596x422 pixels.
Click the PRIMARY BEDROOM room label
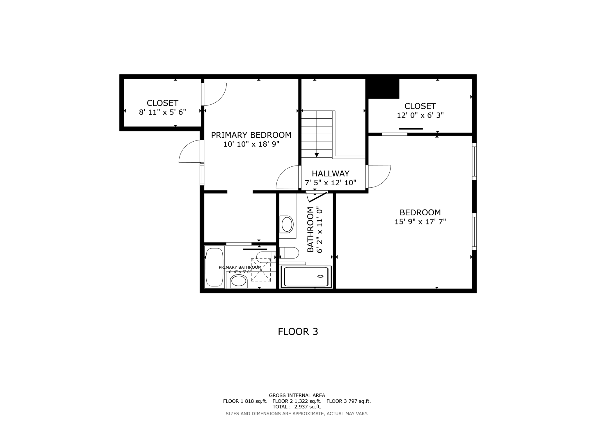[x=251, y=135]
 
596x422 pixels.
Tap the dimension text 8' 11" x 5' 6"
[x=162, y=112]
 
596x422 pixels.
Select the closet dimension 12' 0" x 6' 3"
[x=420, y=115]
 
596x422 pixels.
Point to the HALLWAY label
[x=330, y=174]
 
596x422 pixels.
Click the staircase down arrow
[x=317, y=155]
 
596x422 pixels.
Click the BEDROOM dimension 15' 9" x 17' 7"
[x=420, y=222]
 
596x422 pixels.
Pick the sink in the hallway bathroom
[x=287, y=224]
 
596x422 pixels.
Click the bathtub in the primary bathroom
[x=214, y=267]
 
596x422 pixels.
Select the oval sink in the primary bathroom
[x=239, y=282]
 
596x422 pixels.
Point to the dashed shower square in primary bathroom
[x=261, y=270]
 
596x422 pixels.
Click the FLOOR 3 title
[x=298, y=332]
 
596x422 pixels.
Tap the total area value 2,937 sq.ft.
[x=308, y=407]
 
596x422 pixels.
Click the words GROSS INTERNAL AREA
[x=297, y=395]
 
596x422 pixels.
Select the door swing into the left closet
[x=215, y=94]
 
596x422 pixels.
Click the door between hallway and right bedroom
[x=378, y=176]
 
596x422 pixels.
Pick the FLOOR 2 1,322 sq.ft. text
[x=297, y=401]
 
